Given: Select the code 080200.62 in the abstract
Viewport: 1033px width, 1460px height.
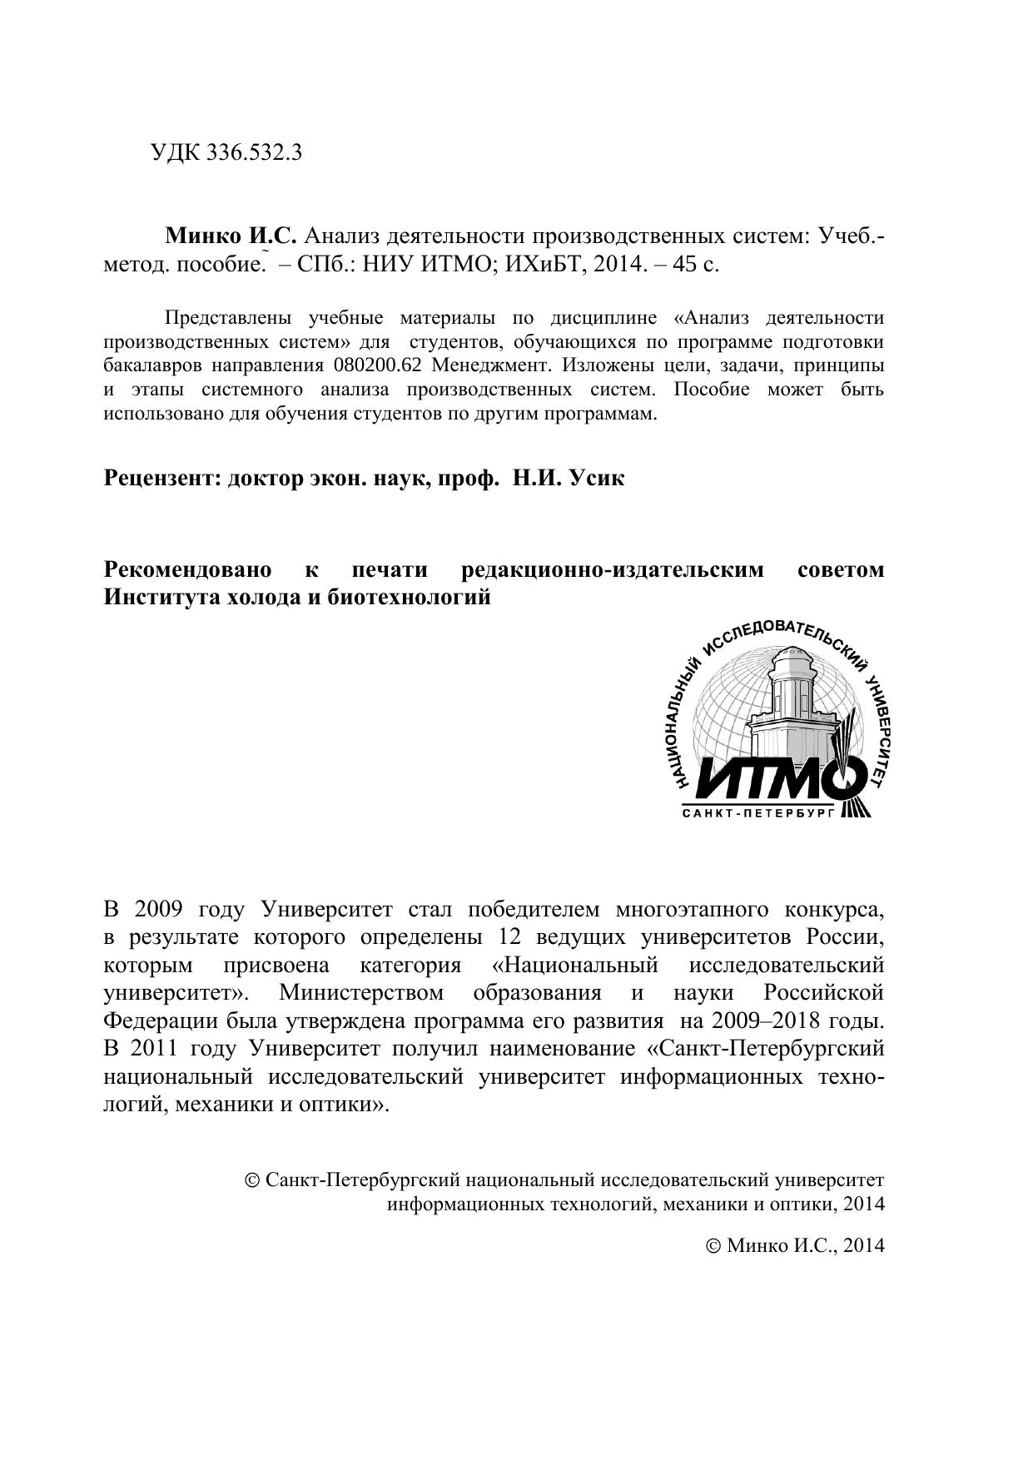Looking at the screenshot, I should tap(379, 365).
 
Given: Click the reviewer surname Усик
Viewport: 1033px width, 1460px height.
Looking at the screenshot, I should tap(595, 479).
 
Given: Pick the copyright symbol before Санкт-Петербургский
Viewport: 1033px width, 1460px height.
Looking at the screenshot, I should tap(253, 1180).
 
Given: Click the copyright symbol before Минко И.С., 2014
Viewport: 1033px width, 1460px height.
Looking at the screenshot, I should tap(713, 1246).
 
